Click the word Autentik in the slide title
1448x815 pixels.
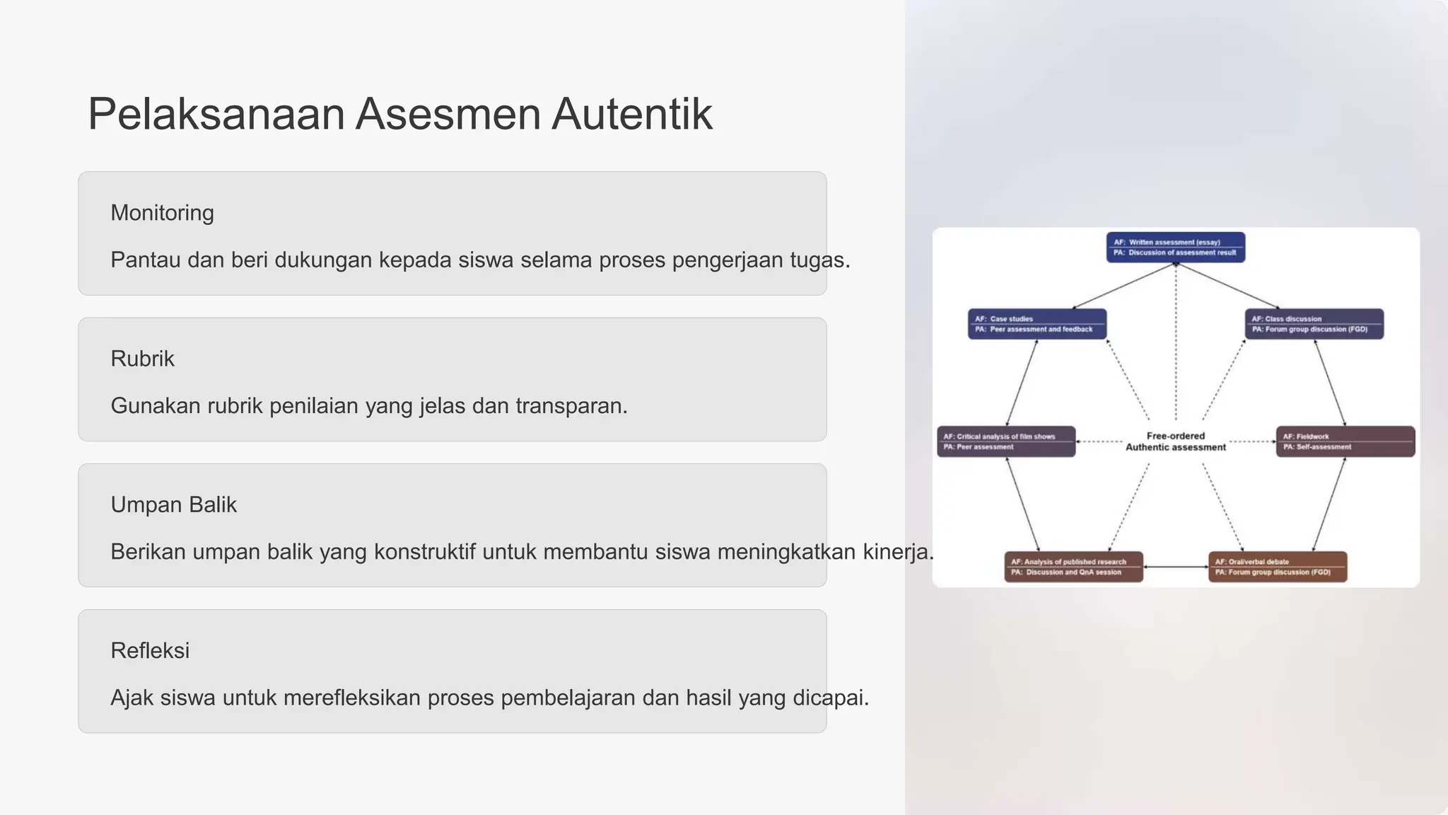click(631, 114)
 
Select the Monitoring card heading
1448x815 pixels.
click(162, 213)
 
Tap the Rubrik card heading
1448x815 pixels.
click(142, 359)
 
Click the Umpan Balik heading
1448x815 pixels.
click(173, 504)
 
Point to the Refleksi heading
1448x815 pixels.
click(150, 650)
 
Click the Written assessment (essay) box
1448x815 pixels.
click(1175, 248)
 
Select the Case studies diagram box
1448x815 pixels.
click(1037, 324)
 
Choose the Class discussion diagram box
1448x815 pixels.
click(1314, 324)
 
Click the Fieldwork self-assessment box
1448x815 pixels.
click(1345, 441)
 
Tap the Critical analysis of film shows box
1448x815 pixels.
click(1005, 441)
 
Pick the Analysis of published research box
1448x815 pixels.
click(1073, 567)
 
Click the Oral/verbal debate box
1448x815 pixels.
click(1277, 567)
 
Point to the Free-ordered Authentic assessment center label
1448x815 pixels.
click(1175, 441)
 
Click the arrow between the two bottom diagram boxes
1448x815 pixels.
click(1175, 567)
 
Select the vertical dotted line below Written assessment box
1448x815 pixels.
click(1176, 340)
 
